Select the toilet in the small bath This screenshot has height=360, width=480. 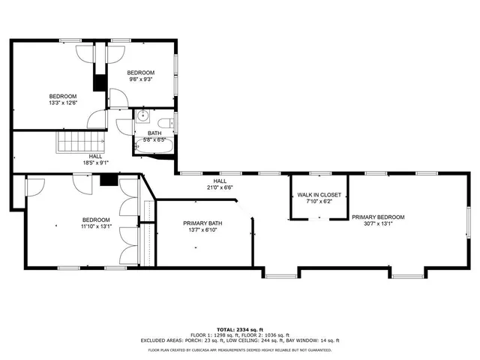169,124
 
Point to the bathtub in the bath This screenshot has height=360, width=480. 154,148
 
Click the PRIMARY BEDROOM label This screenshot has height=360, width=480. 378,217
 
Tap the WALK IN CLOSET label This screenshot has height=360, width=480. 319,195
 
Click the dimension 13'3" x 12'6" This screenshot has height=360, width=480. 63,103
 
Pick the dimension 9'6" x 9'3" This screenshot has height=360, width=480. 140,79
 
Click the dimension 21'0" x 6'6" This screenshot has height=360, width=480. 220,187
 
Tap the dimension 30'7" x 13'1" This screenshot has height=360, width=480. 378,224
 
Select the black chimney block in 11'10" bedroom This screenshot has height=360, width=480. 109,179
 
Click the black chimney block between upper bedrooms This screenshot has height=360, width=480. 99,81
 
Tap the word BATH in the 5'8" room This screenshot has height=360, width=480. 154,133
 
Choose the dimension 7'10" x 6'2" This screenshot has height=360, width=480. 319,201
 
